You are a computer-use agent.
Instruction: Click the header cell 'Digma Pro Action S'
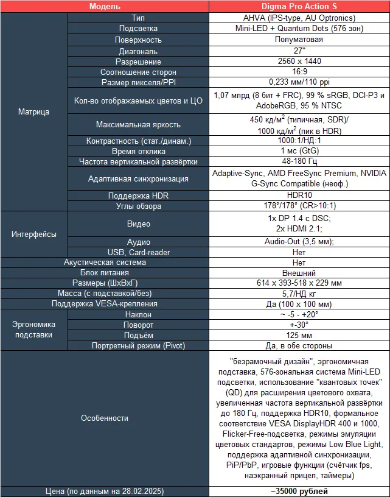[299, 6]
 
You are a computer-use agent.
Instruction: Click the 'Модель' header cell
[105, 6]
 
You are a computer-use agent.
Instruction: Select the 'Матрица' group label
[33, 111]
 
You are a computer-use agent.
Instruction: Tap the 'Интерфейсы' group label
[33, 234]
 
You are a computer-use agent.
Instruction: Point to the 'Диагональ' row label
[138, 51]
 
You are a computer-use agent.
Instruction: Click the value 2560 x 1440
[299, 62]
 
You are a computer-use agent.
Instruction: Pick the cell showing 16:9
[299, 72]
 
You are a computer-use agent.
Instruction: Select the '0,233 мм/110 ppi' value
[299, 82]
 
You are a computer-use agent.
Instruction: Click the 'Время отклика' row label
[138, 151]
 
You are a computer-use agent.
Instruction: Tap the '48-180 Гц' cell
[299, 161]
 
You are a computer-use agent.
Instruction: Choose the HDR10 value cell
[299, 196]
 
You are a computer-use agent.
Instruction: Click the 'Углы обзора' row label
[138, 206]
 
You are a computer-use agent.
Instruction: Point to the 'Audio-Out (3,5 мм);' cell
[299, 242]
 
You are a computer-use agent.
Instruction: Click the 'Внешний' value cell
[299, 273]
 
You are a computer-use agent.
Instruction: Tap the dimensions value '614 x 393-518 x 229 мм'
[299, 283]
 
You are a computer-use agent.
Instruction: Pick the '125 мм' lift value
[299, 335]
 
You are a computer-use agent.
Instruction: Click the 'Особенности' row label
[105, 418]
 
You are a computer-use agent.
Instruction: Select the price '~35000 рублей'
[299, 491]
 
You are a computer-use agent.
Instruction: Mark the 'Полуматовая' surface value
[299, 40]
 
